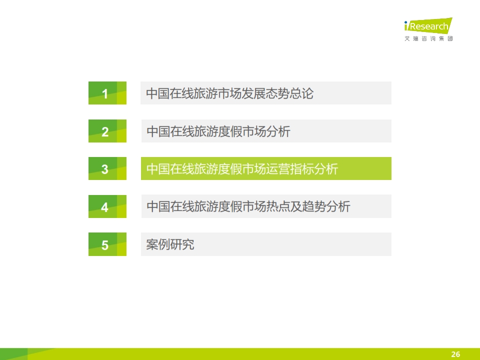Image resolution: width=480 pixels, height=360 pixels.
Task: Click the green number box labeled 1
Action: [x=107, y=93]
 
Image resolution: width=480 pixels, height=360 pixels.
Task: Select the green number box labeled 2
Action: [x=107, y=131]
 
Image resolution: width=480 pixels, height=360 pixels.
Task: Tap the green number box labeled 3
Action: [x=107, y=168]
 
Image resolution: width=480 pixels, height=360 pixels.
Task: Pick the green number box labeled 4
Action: [x=107, y=206]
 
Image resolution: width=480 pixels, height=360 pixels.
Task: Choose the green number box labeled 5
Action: [x=107, y=244]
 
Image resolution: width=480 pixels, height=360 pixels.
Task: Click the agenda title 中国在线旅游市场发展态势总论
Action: [x=230, y=93]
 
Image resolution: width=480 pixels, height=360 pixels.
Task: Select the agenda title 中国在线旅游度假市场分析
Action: [x=218, y=131]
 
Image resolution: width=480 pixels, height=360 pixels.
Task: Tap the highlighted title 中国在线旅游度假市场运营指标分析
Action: [x=242, y=169]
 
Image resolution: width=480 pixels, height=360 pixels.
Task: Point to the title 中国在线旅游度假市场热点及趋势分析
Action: [x=248, y=206]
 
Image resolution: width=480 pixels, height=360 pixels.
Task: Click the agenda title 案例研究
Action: [x=170, y=244]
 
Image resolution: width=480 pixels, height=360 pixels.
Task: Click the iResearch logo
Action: [x=428, y=25]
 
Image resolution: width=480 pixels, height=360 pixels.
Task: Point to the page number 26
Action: [x=455, y=354]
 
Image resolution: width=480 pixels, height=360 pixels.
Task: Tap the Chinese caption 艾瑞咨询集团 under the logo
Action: [x=428, y=38]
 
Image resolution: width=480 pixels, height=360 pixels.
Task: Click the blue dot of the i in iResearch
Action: [x=406, y=22]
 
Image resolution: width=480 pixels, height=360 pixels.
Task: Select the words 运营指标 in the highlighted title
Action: [x=290, y=169]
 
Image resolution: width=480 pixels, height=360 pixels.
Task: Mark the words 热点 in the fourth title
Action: [x=278, y=206]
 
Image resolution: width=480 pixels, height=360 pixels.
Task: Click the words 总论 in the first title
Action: [x=302, y=93]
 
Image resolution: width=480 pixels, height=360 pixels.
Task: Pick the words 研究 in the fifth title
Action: [x=182, y=244]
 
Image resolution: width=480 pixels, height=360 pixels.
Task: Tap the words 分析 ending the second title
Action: [x=278, y=131]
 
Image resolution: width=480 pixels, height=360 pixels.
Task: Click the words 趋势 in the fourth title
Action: [x=314, y=206]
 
